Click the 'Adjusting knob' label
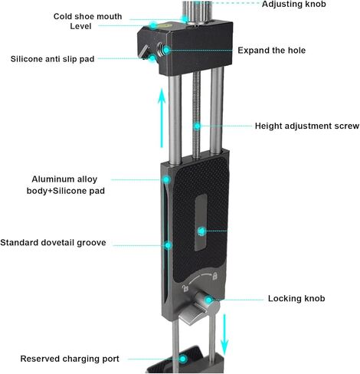[x=294, y=4]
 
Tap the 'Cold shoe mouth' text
[x=87, y=16]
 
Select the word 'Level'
[x=80, y=26]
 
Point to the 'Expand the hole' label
[x=271, y=51]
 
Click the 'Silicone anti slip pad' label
[x=52, y=59]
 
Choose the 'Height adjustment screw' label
[x=307, y=126]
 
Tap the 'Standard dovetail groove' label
[x=53, y=242]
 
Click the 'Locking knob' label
[x=296, y=298]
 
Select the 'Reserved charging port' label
[x=70, y=359]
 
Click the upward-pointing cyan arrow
[x=162, y=118]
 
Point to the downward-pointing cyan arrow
[x=224, y=335]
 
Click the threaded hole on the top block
[x=161, y=49]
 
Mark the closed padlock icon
[x=215, y=276]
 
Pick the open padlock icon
[x=185, y=289]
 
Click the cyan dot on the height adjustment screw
[x=197, y=126]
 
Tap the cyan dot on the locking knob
[x=209, y=300]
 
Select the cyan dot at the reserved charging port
[x=183, y=359]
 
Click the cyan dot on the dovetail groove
[x=168, y=245]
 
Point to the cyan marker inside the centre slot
[x=201, y=231]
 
